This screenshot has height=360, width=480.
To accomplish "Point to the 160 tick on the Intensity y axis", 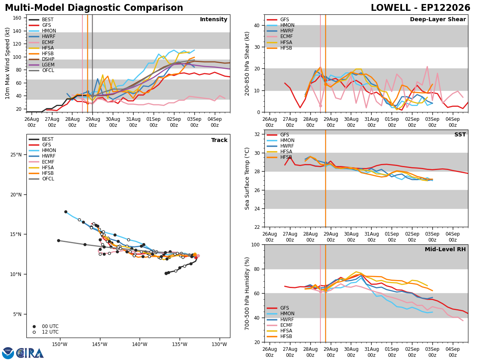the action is pos(17,18).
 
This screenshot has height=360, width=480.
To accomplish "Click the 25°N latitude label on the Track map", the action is pos(16,155).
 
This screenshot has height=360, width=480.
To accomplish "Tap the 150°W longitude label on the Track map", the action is pos(60,344).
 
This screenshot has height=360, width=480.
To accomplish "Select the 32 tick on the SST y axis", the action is pos(257,134).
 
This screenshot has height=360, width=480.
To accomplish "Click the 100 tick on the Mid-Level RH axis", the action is pos(256,245).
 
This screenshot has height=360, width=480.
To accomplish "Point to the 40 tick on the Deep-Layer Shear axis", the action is pos(257,26).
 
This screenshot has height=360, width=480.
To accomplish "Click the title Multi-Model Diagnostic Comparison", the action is pos(94,8).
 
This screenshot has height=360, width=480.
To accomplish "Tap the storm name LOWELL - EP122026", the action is pos(420,8).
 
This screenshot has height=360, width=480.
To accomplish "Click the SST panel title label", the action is pos(460,135).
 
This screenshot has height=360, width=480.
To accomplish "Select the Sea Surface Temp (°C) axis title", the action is pos(247,179).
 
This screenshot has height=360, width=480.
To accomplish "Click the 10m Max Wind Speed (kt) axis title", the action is pos(8,63).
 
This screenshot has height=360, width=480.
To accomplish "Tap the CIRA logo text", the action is pos(30,353).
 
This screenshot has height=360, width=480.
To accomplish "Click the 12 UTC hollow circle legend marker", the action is pos(34,332).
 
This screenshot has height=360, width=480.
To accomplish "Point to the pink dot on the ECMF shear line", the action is pos(320,106).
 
